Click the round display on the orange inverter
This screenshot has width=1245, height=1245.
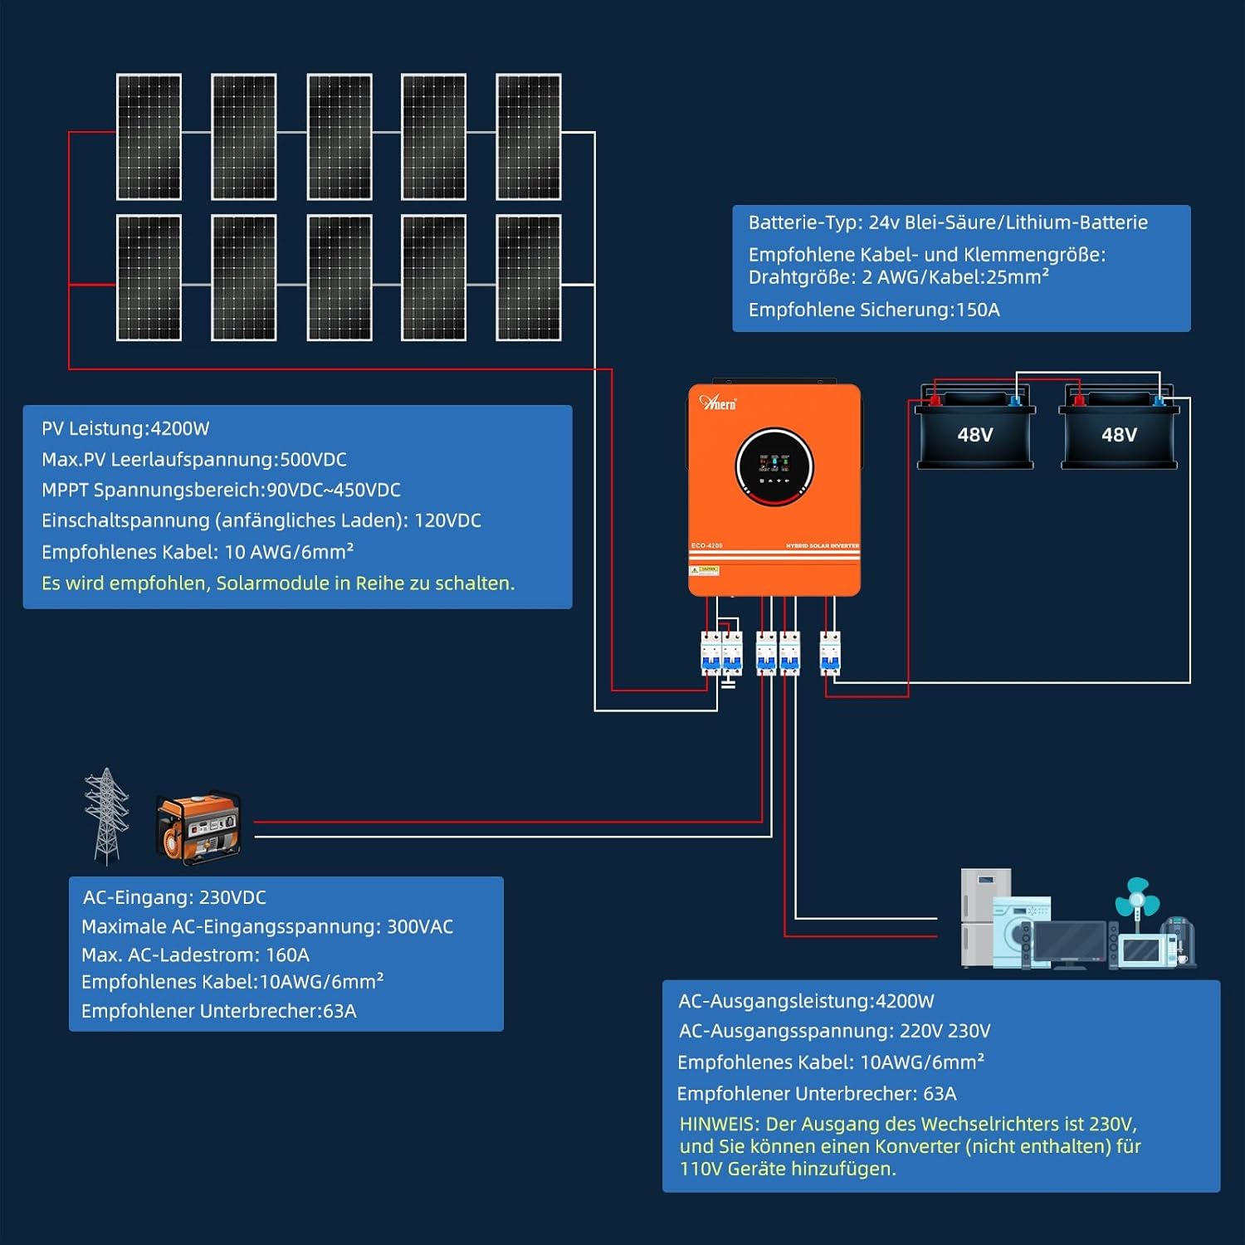[x=774, y=466]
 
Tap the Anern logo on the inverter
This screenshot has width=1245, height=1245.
[x=718, y=403]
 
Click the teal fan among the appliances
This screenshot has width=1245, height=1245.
[x=1136, y=898]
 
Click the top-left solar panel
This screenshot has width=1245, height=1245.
[x=149, y=137]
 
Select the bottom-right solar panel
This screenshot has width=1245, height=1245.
[x=529, y=278]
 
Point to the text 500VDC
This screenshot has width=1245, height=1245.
[x=313, y=459]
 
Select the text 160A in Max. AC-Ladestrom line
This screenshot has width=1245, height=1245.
[x=287, y=954]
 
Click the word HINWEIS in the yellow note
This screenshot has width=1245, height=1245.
[x=719, y=1124]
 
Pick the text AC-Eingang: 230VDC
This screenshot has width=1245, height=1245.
[x=174, y=897]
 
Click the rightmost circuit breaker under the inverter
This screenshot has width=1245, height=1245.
[x=830, y=653]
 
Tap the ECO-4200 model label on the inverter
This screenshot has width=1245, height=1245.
[x=707, y=545]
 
